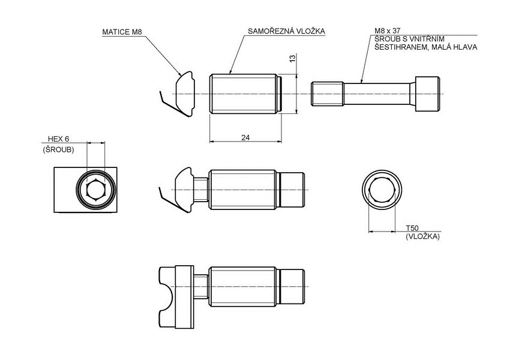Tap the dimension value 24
click(245, 137)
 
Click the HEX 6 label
click(59, 139)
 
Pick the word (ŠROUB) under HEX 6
click(58, 149)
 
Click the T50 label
click(412, 229)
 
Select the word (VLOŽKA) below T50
click(422, 237)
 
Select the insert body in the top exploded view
click(243, 94)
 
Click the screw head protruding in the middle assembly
click(294, 190)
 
